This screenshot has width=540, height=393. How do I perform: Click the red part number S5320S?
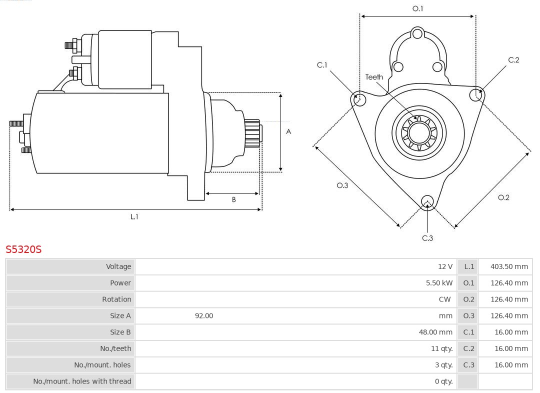[x=23, y=249]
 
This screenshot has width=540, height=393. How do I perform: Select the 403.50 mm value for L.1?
[x=509, y=266]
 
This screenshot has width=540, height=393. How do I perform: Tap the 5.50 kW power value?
[x=439, y=283]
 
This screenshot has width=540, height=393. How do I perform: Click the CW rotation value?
[x=444, y=299]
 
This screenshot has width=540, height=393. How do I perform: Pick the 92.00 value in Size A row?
[x=204, y=316]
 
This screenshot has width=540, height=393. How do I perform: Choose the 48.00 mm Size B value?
[x=435, y=332]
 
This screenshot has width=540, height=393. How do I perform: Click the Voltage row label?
[x=118, y=266]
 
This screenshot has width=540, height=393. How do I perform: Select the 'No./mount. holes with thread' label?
[x=82, y=381]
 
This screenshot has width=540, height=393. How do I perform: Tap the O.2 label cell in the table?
[x=468, y=299]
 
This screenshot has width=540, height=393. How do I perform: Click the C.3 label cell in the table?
[x=468, y=365]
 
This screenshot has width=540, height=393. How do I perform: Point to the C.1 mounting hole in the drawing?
[x=358, y=99]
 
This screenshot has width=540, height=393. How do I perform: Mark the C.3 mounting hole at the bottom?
[x=427, y=201]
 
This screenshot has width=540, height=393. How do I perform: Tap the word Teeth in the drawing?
[x=374, y=77]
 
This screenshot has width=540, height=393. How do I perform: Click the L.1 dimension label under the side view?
[x=134, y=216]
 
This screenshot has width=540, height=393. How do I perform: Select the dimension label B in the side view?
[x=233, y=199]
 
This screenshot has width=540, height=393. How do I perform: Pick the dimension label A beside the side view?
[x=288, y=131]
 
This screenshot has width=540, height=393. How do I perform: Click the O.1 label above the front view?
[x=417, y=8]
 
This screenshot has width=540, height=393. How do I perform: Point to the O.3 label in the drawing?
[x=342, y=185]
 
